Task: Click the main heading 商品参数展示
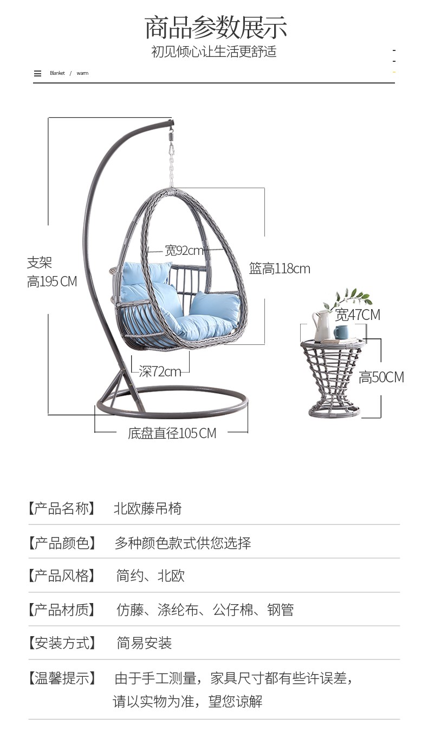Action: click(216, 27)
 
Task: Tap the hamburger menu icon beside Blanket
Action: click(37, 73)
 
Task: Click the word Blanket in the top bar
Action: click(57, 73)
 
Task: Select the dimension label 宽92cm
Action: click(184, 251)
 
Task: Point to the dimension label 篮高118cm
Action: click(280, 268)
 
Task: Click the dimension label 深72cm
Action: click(160, 371)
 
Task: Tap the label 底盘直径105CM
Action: click(172, 433)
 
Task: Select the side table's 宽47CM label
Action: click(358, 315)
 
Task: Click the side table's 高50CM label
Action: click(381, 377)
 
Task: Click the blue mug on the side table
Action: click(341, 332)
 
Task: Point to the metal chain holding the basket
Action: click(172, 163)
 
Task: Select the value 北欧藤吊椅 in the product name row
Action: click(147, 509)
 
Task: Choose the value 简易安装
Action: click(144, 643)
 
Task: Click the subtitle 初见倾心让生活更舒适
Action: click(214, 52)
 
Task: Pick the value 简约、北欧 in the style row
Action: click(150, 575)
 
